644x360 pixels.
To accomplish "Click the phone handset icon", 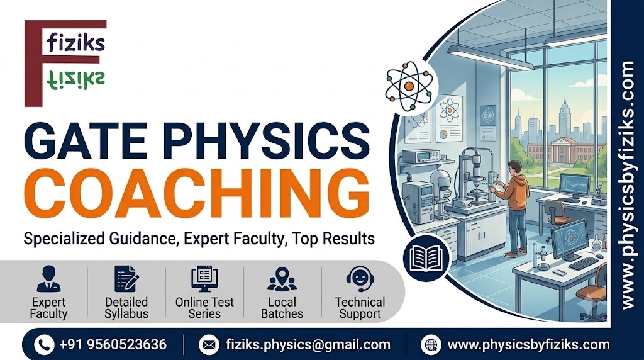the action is [44, 344].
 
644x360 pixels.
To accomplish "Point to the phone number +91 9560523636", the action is [113, 344].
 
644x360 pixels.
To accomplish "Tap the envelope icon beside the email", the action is [209, 344].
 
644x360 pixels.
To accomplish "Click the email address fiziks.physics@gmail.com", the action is [308, 345].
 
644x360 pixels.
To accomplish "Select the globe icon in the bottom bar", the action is [431, 344].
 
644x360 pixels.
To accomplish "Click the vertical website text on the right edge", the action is [628, 185].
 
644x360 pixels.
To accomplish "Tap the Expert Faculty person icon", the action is [48, 279].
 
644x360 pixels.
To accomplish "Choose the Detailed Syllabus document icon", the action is [126, 279].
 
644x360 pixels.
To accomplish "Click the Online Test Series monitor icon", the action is [204, 279].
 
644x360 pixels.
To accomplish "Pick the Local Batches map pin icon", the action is [282, 279].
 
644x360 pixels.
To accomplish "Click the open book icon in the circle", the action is [427, 258].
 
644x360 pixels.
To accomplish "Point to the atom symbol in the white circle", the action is [409, 86].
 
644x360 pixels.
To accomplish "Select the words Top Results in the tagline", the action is [333, 239].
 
